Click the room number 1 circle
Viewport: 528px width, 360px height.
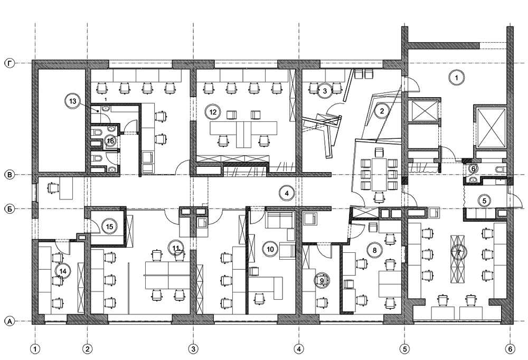(x=457, y=78)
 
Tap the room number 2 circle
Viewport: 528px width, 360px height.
(x=382, y=111)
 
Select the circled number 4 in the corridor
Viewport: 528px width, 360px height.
(x=287, y=193)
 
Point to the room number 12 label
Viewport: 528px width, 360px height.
(x=213, y=111)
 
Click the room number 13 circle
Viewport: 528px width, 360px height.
(x=73, y=101)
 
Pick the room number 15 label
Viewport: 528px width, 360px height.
(x=109, y=226)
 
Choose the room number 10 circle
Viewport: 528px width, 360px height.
(x=270, y=249)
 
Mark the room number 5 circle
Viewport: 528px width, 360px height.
(x=485, y=201)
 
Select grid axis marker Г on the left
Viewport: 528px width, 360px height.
(x=10, y=63)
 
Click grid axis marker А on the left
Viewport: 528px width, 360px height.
(x=10, y=321)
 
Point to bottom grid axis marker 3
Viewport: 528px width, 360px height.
(x=193, y=349)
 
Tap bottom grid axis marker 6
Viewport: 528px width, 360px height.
(x=510, y=349)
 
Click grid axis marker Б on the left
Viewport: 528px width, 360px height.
(x=10, y=209)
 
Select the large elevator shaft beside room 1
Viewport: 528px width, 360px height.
(x=490, y=126)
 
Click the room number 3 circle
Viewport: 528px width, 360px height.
(x=325, y=91)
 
